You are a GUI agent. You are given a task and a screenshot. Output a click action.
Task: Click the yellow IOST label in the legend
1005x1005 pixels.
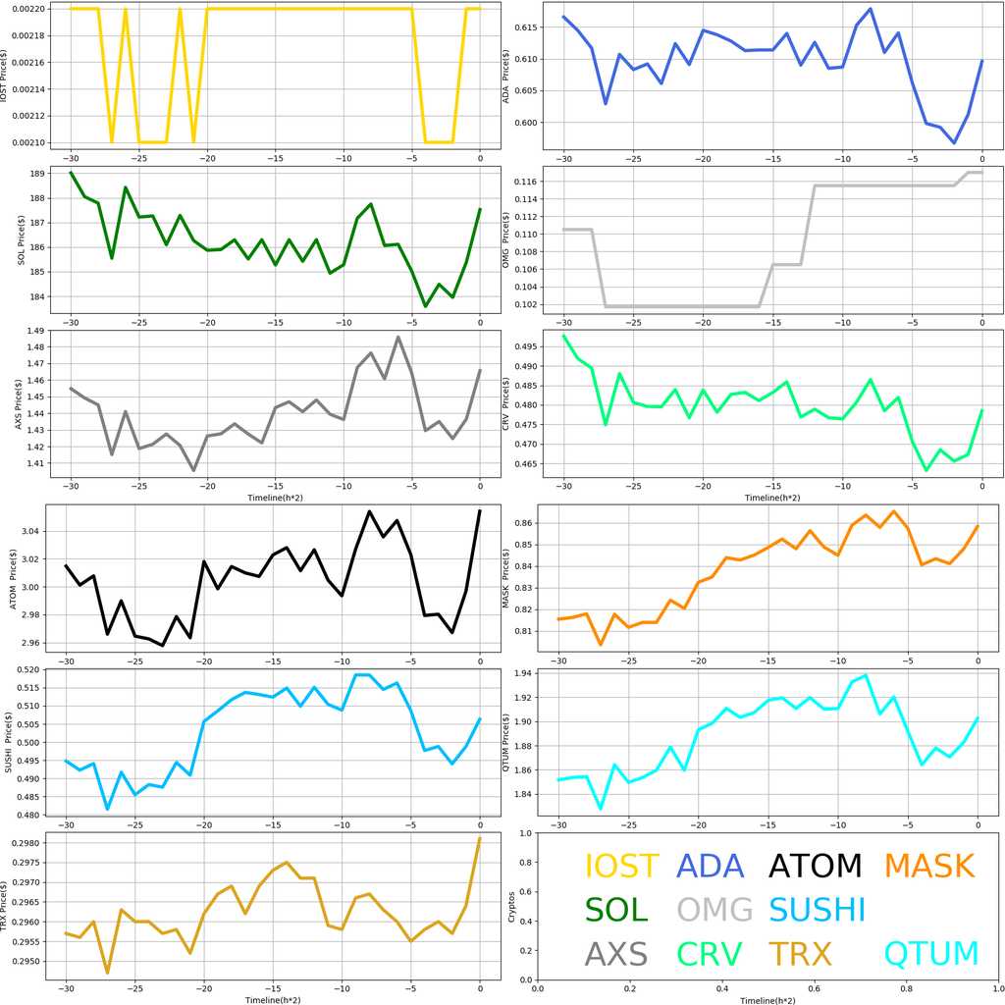(x=621, y=866)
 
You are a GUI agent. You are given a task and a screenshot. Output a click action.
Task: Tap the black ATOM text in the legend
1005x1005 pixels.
(x=815, y=866)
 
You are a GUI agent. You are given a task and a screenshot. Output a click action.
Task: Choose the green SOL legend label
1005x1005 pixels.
(x=616, y=910)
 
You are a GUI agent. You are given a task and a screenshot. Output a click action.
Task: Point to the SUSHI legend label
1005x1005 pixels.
(x=817, y=910)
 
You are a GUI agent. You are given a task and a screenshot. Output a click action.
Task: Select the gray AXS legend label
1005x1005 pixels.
(x=615, y=953)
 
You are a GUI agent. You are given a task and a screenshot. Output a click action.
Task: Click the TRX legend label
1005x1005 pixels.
(x=799, y=953)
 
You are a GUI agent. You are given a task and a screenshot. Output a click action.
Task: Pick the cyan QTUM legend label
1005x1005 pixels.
(x=931, y=953)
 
